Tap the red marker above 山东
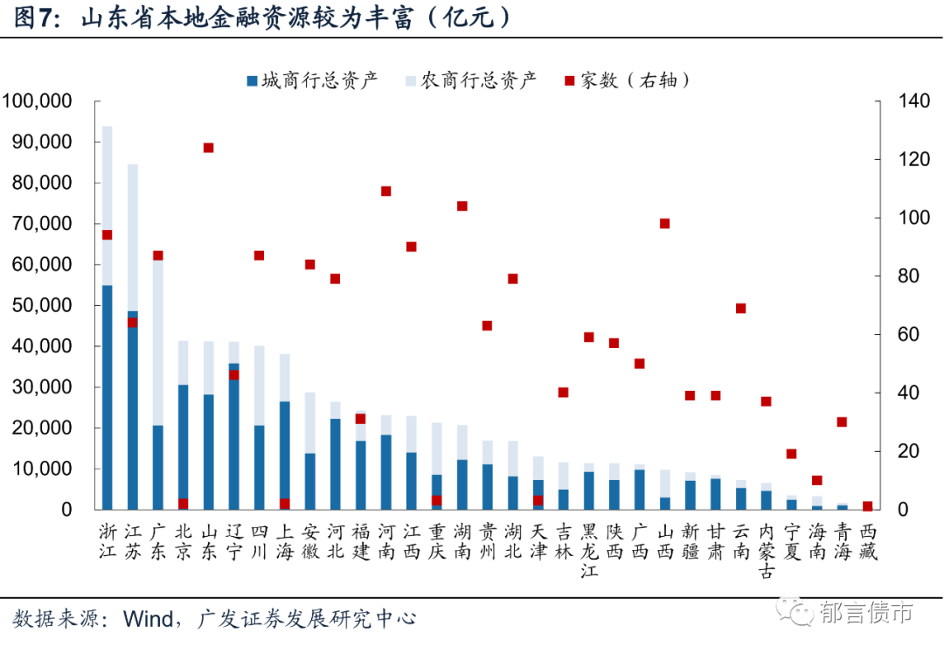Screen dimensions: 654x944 (209, 148)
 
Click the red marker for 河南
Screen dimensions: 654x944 (386, 191)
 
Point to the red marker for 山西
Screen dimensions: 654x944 (665, 224)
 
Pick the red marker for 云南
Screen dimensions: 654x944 (741, 309)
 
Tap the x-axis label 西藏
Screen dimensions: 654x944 (868, 541)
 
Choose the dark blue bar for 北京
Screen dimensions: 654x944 (184, 446)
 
